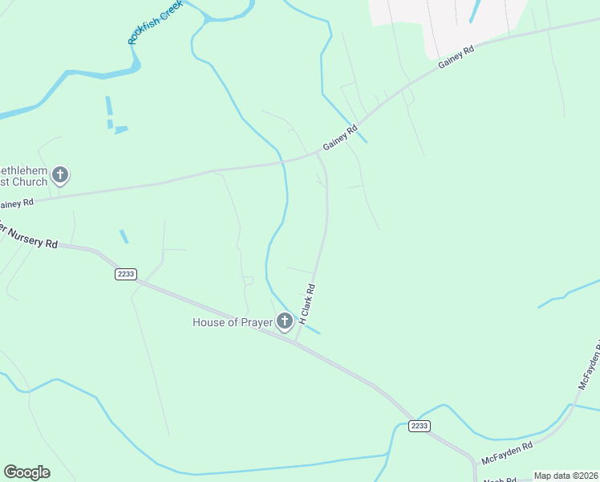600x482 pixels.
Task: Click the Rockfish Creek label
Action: (156, 22)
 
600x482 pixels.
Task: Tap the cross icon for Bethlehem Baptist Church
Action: (60, 175)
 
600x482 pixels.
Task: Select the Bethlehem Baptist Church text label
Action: (24, 177)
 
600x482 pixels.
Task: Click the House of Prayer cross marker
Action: (284, 322)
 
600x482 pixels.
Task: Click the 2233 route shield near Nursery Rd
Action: (126, 274)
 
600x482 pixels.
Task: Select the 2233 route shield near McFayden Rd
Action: (419, 425)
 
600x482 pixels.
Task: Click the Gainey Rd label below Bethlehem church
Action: (16, 203)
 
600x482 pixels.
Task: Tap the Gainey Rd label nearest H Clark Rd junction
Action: (340, 138)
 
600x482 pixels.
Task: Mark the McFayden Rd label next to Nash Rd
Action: (507, 453)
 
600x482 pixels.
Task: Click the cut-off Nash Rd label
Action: (499, 479)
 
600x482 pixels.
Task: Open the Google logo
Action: (26, 472)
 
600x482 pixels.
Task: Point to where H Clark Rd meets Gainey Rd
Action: (319, 153)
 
